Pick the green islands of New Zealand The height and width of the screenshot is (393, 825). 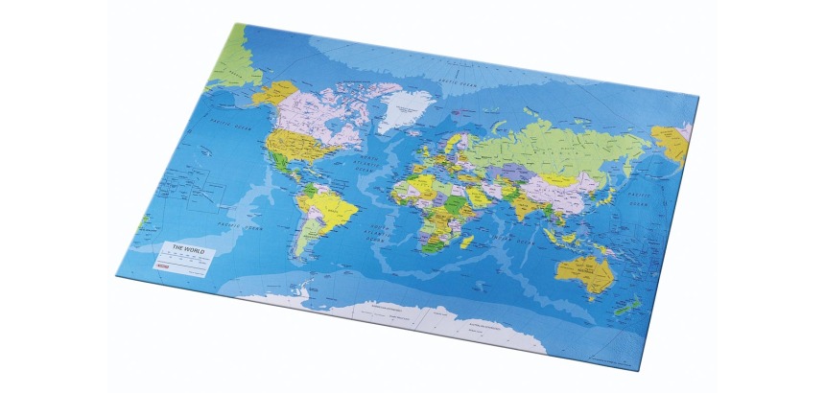(x=634, y=306)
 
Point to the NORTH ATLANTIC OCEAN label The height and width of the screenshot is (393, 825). (x=363, y=163)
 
